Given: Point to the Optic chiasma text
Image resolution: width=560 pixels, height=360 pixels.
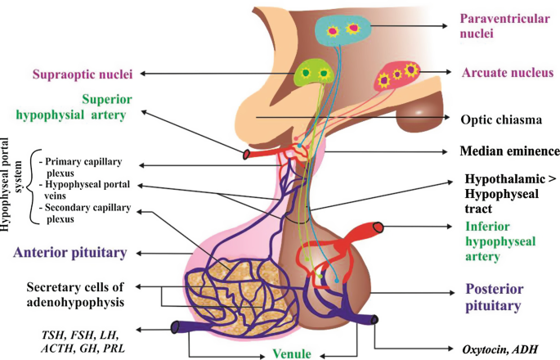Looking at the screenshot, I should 500,119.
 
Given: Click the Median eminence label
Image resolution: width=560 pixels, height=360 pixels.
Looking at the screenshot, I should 508,151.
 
